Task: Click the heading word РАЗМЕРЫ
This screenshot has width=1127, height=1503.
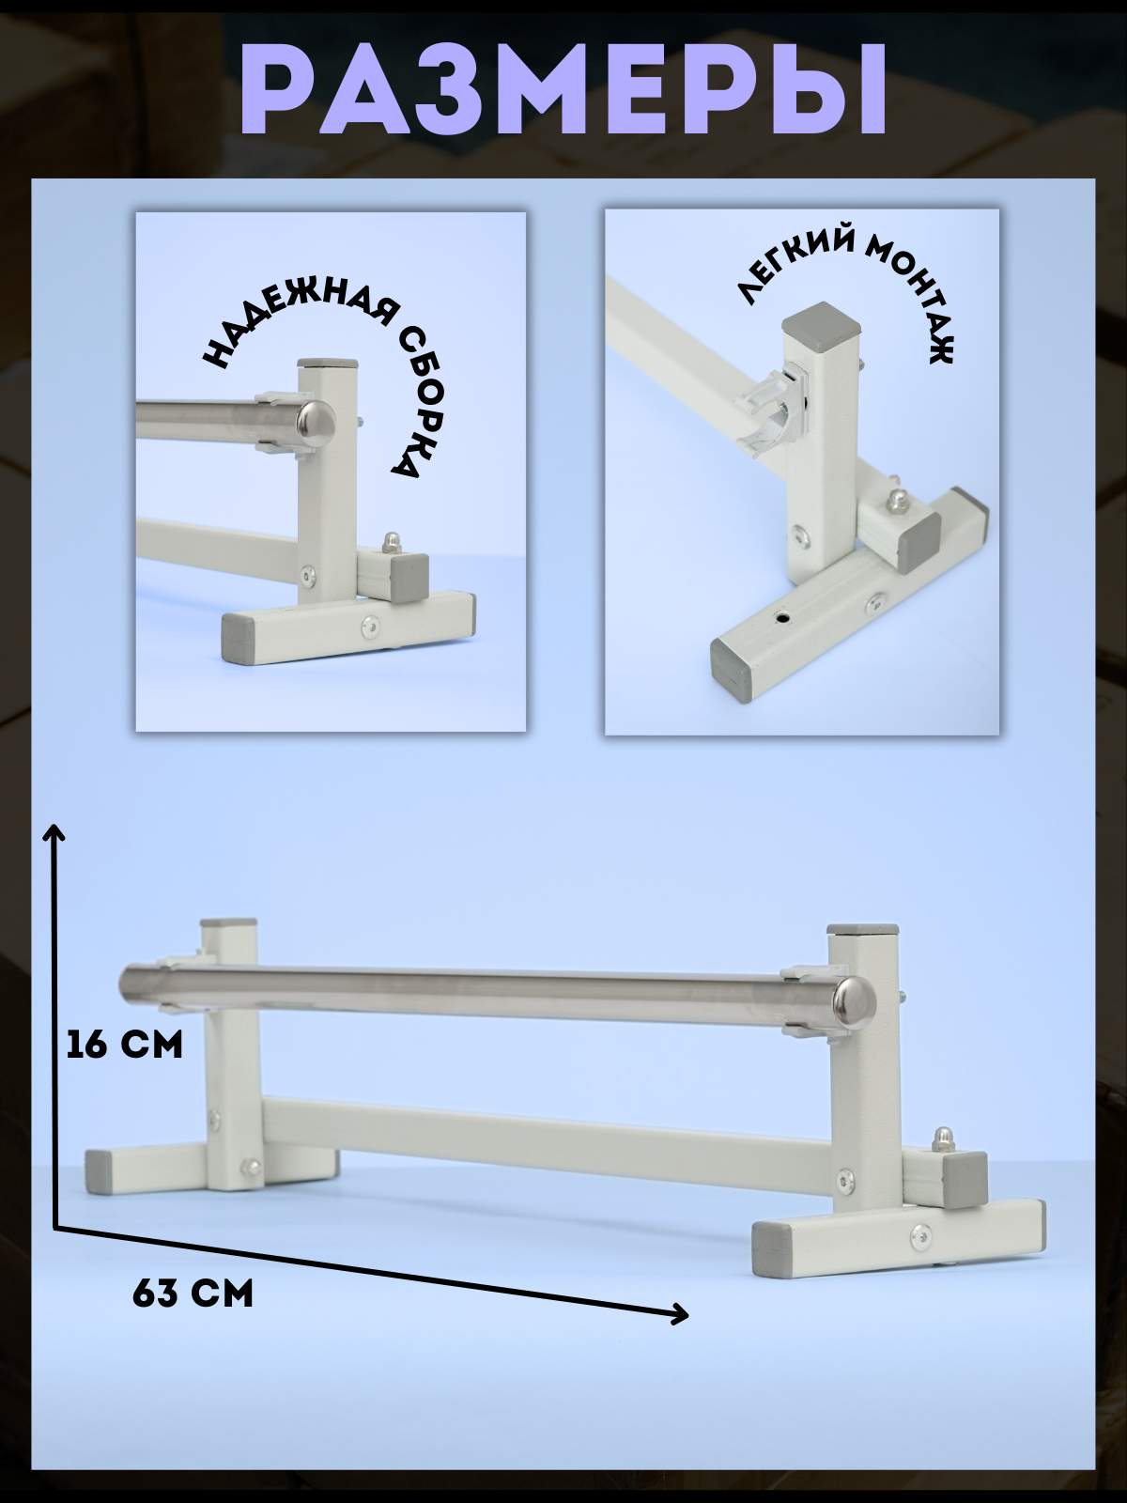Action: [563, 92]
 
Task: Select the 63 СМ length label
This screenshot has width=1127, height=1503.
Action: [193, 1295]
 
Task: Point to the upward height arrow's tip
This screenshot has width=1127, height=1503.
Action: [54, 827]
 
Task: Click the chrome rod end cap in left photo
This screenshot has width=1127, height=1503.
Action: [316, 418]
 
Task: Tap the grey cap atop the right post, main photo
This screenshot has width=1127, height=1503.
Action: [862, 928]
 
